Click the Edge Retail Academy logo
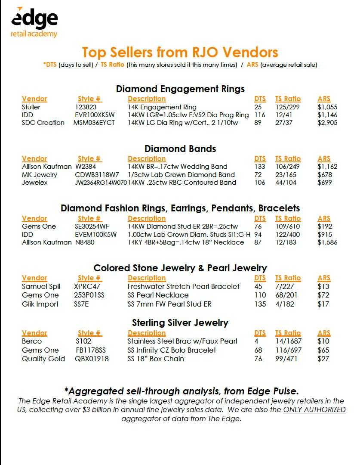pos(34,22)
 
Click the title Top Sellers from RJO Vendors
pos(180,52)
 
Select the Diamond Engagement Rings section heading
pos(180,89)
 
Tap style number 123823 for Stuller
pos(86,107)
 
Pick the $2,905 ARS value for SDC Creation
pos(327,123)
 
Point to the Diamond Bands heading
pos(180,149)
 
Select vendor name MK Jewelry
pos(40,174)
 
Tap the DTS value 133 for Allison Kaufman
pos(260,166)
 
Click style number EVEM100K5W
pos(95,234)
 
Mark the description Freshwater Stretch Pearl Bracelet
pos(184,286)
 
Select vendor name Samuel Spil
pos(41,286)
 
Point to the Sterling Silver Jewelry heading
pos(180,322)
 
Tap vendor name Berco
pos(32,341)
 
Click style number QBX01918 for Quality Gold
pos(92,359)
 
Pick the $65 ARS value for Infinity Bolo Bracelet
pos(323,350)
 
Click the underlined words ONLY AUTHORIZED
pos(314,409)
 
